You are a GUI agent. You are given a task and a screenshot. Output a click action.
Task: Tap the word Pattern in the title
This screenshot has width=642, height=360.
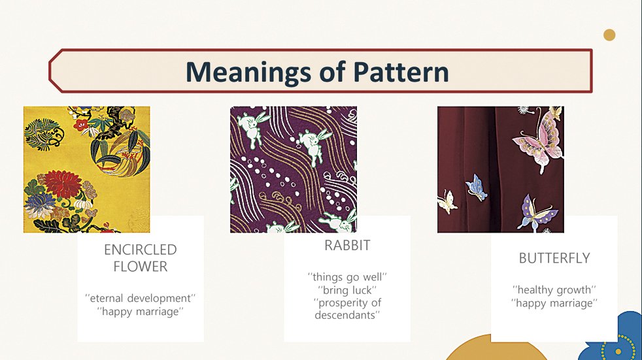click(401, 72)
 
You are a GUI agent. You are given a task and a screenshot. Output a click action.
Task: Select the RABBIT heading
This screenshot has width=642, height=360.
click(347, 245)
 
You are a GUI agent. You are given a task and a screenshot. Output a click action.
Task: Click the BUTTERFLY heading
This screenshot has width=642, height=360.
click(554, 258)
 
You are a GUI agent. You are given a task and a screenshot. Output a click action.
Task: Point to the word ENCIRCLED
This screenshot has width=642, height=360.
click(141, 250)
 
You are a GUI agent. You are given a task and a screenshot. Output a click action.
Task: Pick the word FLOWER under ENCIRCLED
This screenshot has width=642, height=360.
click(141, 267)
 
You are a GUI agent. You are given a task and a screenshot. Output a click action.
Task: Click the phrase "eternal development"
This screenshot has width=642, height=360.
click(141, 298)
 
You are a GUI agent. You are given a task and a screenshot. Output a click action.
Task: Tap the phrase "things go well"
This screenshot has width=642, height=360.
click(347, 277)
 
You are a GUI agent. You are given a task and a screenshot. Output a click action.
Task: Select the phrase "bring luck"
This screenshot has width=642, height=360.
click(347, 290)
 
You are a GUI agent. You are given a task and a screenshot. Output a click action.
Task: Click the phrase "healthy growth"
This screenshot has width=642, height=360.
click(554, 290)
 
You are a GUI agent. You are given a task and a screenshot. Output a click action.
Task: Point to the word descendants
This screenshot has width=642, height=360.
click(347, 315)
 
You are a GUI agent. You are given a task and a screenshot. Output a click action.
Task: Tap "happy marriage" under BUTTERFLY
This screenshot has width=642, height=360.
click(554, 303)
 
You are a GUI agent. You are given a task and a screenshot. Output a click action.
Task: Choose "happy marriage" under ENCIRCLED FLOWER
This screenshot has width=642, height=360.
click(141, 311)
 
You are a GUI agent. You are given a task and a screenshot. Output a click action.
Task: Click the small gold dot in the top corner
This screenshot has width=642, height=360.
click(609, 35)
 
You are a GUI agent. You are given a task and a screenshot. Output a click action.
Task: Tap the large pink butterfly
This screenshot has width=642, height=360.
click(539, 139)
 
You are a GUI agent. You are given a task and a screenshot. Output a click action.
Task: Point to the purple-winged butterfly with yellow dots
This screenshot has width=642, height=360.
click(537, 213)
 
